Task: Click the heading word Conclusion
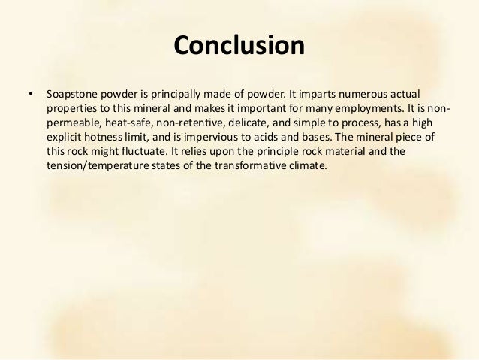coord(239,46)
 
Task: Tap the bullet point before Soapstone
coord(30,95)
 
